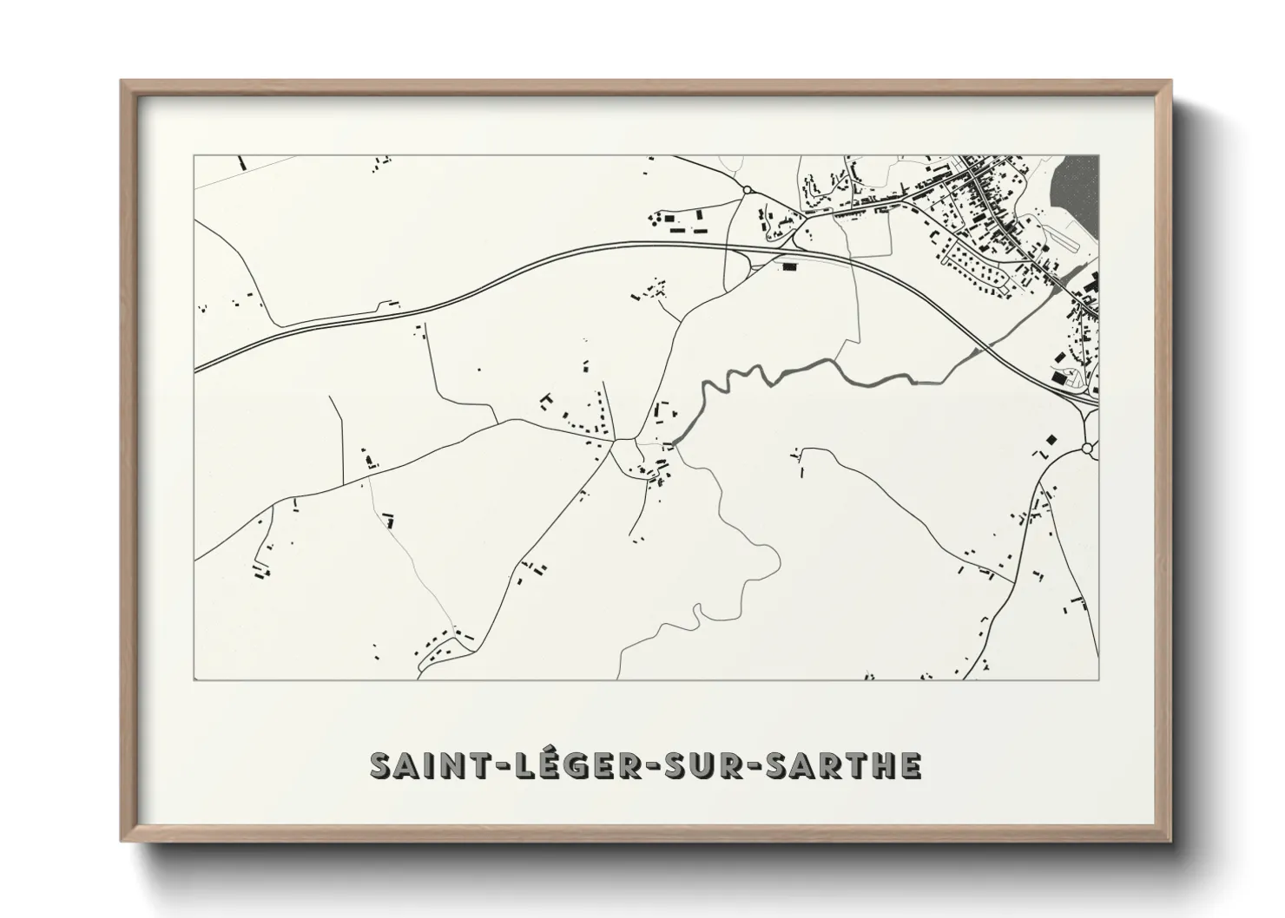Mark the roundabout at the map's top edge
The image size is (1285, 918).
pos(747,189)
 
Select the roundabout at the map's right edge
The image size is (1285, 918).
pos(1087,448)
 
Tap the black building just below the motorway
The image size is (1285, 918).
pos(788,266)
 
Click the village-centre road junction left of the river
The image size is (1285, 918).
pos(614,441)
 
